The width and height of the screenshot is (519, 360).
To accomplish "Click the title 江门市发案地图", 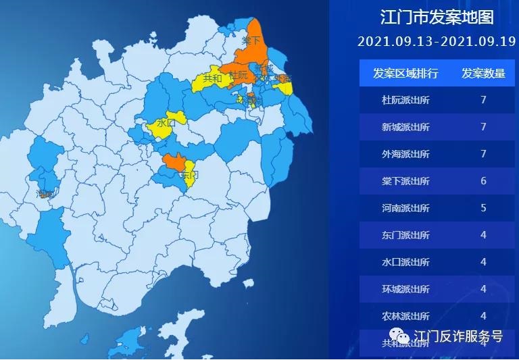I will click(x=437, y=17).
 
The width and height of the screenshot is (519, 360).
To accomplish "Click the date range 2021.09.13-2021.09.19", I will click(x=437, y=41).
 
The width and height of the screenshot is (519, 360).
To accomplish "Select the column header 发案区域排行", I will click(x=405, y=73).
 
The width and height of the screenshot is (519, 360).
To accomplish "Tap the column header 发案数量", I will click(x=483, y=73).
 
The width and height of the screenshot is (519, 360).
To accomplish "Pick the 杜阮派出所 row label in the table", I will click(x=405, y=100).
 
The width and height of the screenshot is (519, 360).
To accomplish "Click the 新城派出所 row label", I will click(x=405, y=127).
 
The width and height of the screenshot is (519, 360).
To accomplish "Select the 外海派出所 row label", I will click(x=405, y=154).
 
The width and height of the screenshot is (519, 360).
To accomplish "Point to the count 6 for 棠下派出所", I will click(x=483, y=181).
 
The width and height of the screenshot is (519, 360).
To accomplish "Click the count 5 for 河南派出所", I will click(x=483, y=208).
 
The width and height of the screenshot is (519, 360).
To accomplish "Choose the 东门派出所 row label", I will click(x=405, y=235).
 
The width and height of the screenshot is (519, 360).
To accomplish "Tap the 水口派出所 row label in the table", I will click(x=405, y=262).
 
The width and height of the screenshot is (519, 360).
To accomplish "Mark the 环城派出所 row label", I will click(x=405, y=289).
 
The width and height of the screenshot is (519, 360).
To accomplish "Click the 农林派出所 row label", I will click(x=405, y=316).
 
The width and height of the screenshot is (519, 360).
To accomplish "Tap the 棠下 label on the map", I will click(x=251, y=42).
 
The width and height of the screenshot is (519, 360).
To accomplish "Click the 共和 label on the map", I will click(x=212, y=78).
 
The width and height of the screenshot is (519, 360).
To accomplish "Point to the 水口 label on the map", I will click(x=166, y=124).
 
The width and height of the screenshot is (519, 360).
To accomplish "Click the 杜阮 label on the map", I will click(x=238, y=75).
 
